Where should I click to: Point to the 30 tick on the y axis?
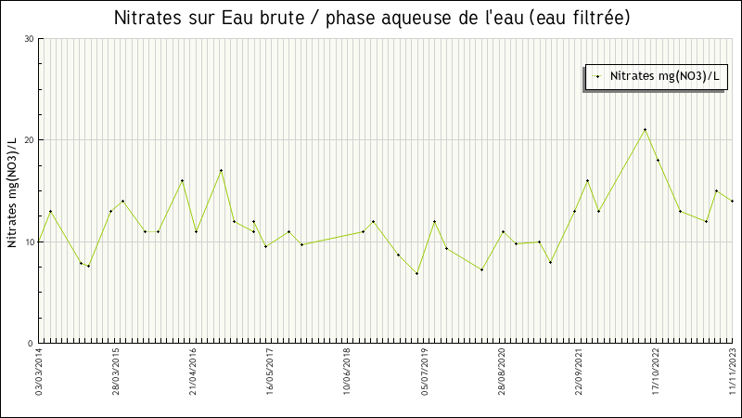[29, 39]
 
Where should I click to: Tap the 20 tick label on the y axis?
[29, 140]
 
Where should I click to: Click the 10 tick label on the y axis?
[29, 242]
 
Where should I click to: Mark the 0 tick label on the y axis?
[32, 344]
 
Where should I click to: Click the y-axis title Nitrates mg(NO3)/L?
[12, 192]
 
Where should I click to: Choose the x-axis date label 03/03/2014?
[40, 372]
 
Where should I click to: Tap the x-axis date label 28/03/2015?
[117, 372]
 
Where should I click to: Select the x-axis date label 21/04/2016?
[194, 372]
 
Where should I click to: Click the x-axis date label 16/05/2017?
[271, 372]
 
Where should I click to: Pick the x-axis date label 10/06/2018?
[348, 372]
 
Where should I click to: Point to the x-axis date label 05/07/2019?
[425, 372]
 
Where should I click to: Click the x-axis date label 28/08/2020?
[502, 372]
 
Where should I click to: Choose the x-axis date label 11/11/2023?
[733, 372]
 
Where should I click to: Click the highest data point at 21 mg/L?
[645, 129]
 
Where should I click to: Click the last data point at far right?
[732, 201]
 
